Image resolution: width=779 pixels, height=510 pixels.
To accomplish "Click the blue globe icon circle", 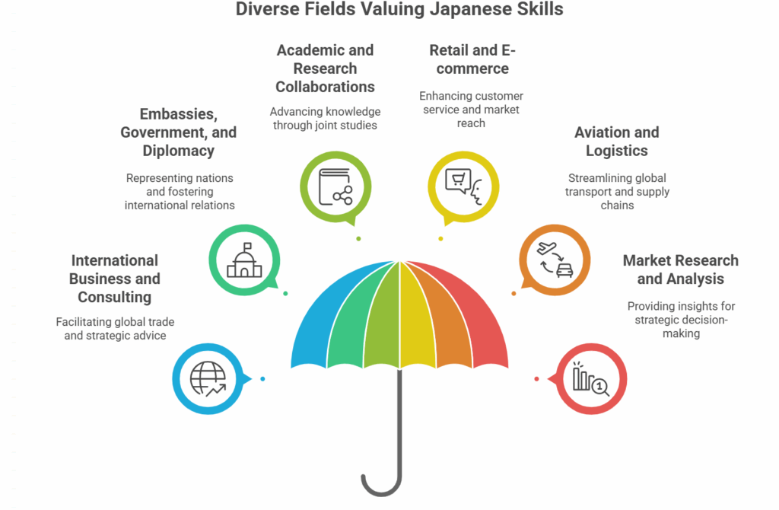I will pos(208,379).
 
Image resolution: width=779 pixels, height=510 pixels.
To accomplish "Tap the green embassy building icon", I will pos(244,260).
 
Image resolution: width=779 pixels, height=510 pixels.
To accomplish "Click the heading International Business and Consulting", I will pos(115,279).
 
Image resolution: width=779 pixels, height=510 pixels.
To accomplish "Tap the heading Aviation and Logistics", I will pos(616,141).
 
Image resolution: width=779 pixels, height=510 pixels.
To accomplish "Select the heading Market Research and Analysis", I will pos(680,269).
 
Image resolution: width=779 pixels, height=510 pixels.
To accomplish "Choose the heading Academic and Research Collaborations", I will pos(325,69).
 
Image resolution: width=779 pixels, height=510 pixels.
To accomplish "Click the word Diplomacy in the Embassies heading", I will pos(179,151).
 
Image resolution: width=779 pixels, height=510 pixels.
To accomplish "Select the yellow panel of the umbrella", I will pos(412,312).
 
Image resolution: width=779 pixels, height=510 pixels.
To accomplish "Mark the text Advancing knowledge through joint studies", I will pos(325,118).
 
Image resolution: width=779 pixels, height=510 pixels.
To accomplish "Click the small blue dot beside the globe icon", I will pos(262,379).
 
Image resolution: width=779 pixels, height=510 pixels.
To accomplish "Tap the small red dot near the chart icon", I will pos(536,379).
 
